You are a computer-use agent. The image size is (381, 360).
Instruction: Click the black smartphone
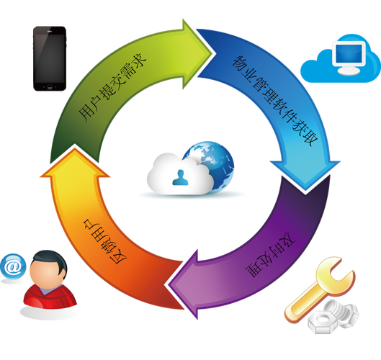(x=50, y=59)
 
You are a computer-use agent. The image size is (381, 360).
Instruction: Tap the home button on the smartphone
(x=50, y=86)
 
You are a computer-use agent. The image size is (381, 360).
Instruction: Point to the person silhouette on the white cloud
(x=180, y=178)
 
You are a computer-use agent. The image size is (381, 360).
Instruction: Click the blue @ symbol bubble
(x=13, y=266)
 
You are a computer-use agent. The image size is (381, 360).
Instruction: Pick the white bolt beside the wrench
(x=343, y=312)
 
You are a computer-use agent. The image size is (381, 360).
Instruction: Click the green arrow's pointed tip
(x=213, y=53)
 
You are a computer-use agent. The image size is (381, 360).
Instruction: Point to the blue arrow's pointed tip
(x=305, y=190)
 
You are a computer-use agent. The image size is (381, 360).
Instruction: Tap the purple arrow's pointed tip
(x=169, y=284)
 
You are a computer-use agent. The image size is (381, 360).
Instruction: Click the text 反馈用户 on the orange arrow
(x=104, y=241)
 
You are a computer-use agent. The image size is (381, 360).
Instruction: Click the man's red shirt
(x=50, y=297)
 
